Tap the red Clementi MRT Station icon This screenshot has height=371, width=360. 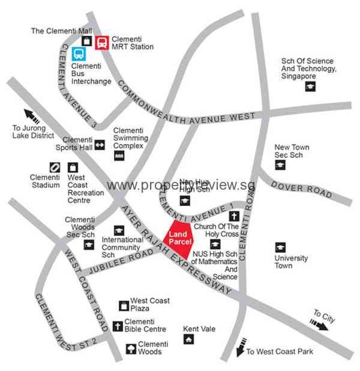pos(102,41)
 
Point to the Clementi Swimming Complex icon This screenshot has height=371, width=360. pos(119,155)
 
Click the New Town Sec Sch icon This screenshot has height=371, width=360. pos(280,165)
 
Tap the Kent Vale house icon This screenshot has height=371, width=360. pos(189,340)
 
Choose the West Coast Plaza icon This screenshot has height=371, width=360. pos(124,306)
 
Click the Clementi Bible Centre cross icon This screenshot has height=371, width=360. pos(118,327)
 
